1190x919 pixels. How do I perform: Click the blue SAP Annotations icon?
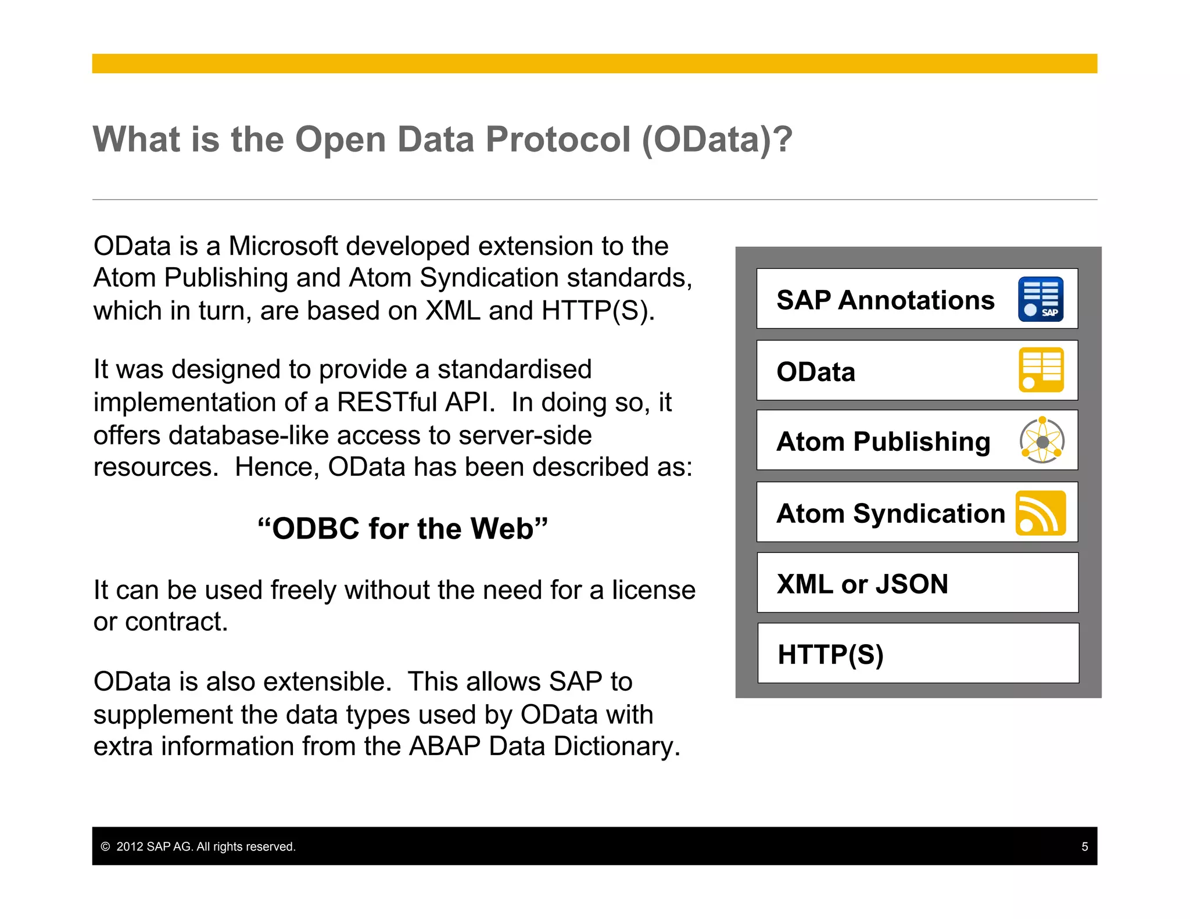(1040, 299)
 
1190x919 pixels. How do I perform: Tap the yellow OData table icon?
(1041, 370)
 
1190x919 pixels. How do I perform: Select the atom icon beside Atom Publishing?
(1042, 440)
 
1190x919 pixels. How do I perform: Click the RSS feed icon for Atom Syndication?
(1040, 513)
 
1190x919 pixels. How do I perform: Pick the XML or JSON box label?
(862, 584)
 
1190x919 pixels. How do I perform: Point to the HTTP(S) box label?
(830, 655)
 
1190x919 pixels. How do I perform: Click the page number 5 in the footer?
(1084, 846)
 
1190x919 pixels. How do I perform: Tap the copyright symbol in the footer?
(105, 846)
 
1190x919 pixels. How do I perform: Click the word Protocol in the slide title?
(558, 139)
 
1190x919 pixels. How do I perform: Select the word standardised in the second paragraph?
(514, 369)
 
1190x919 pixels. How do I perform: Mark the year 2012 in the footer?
(130, 846)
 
